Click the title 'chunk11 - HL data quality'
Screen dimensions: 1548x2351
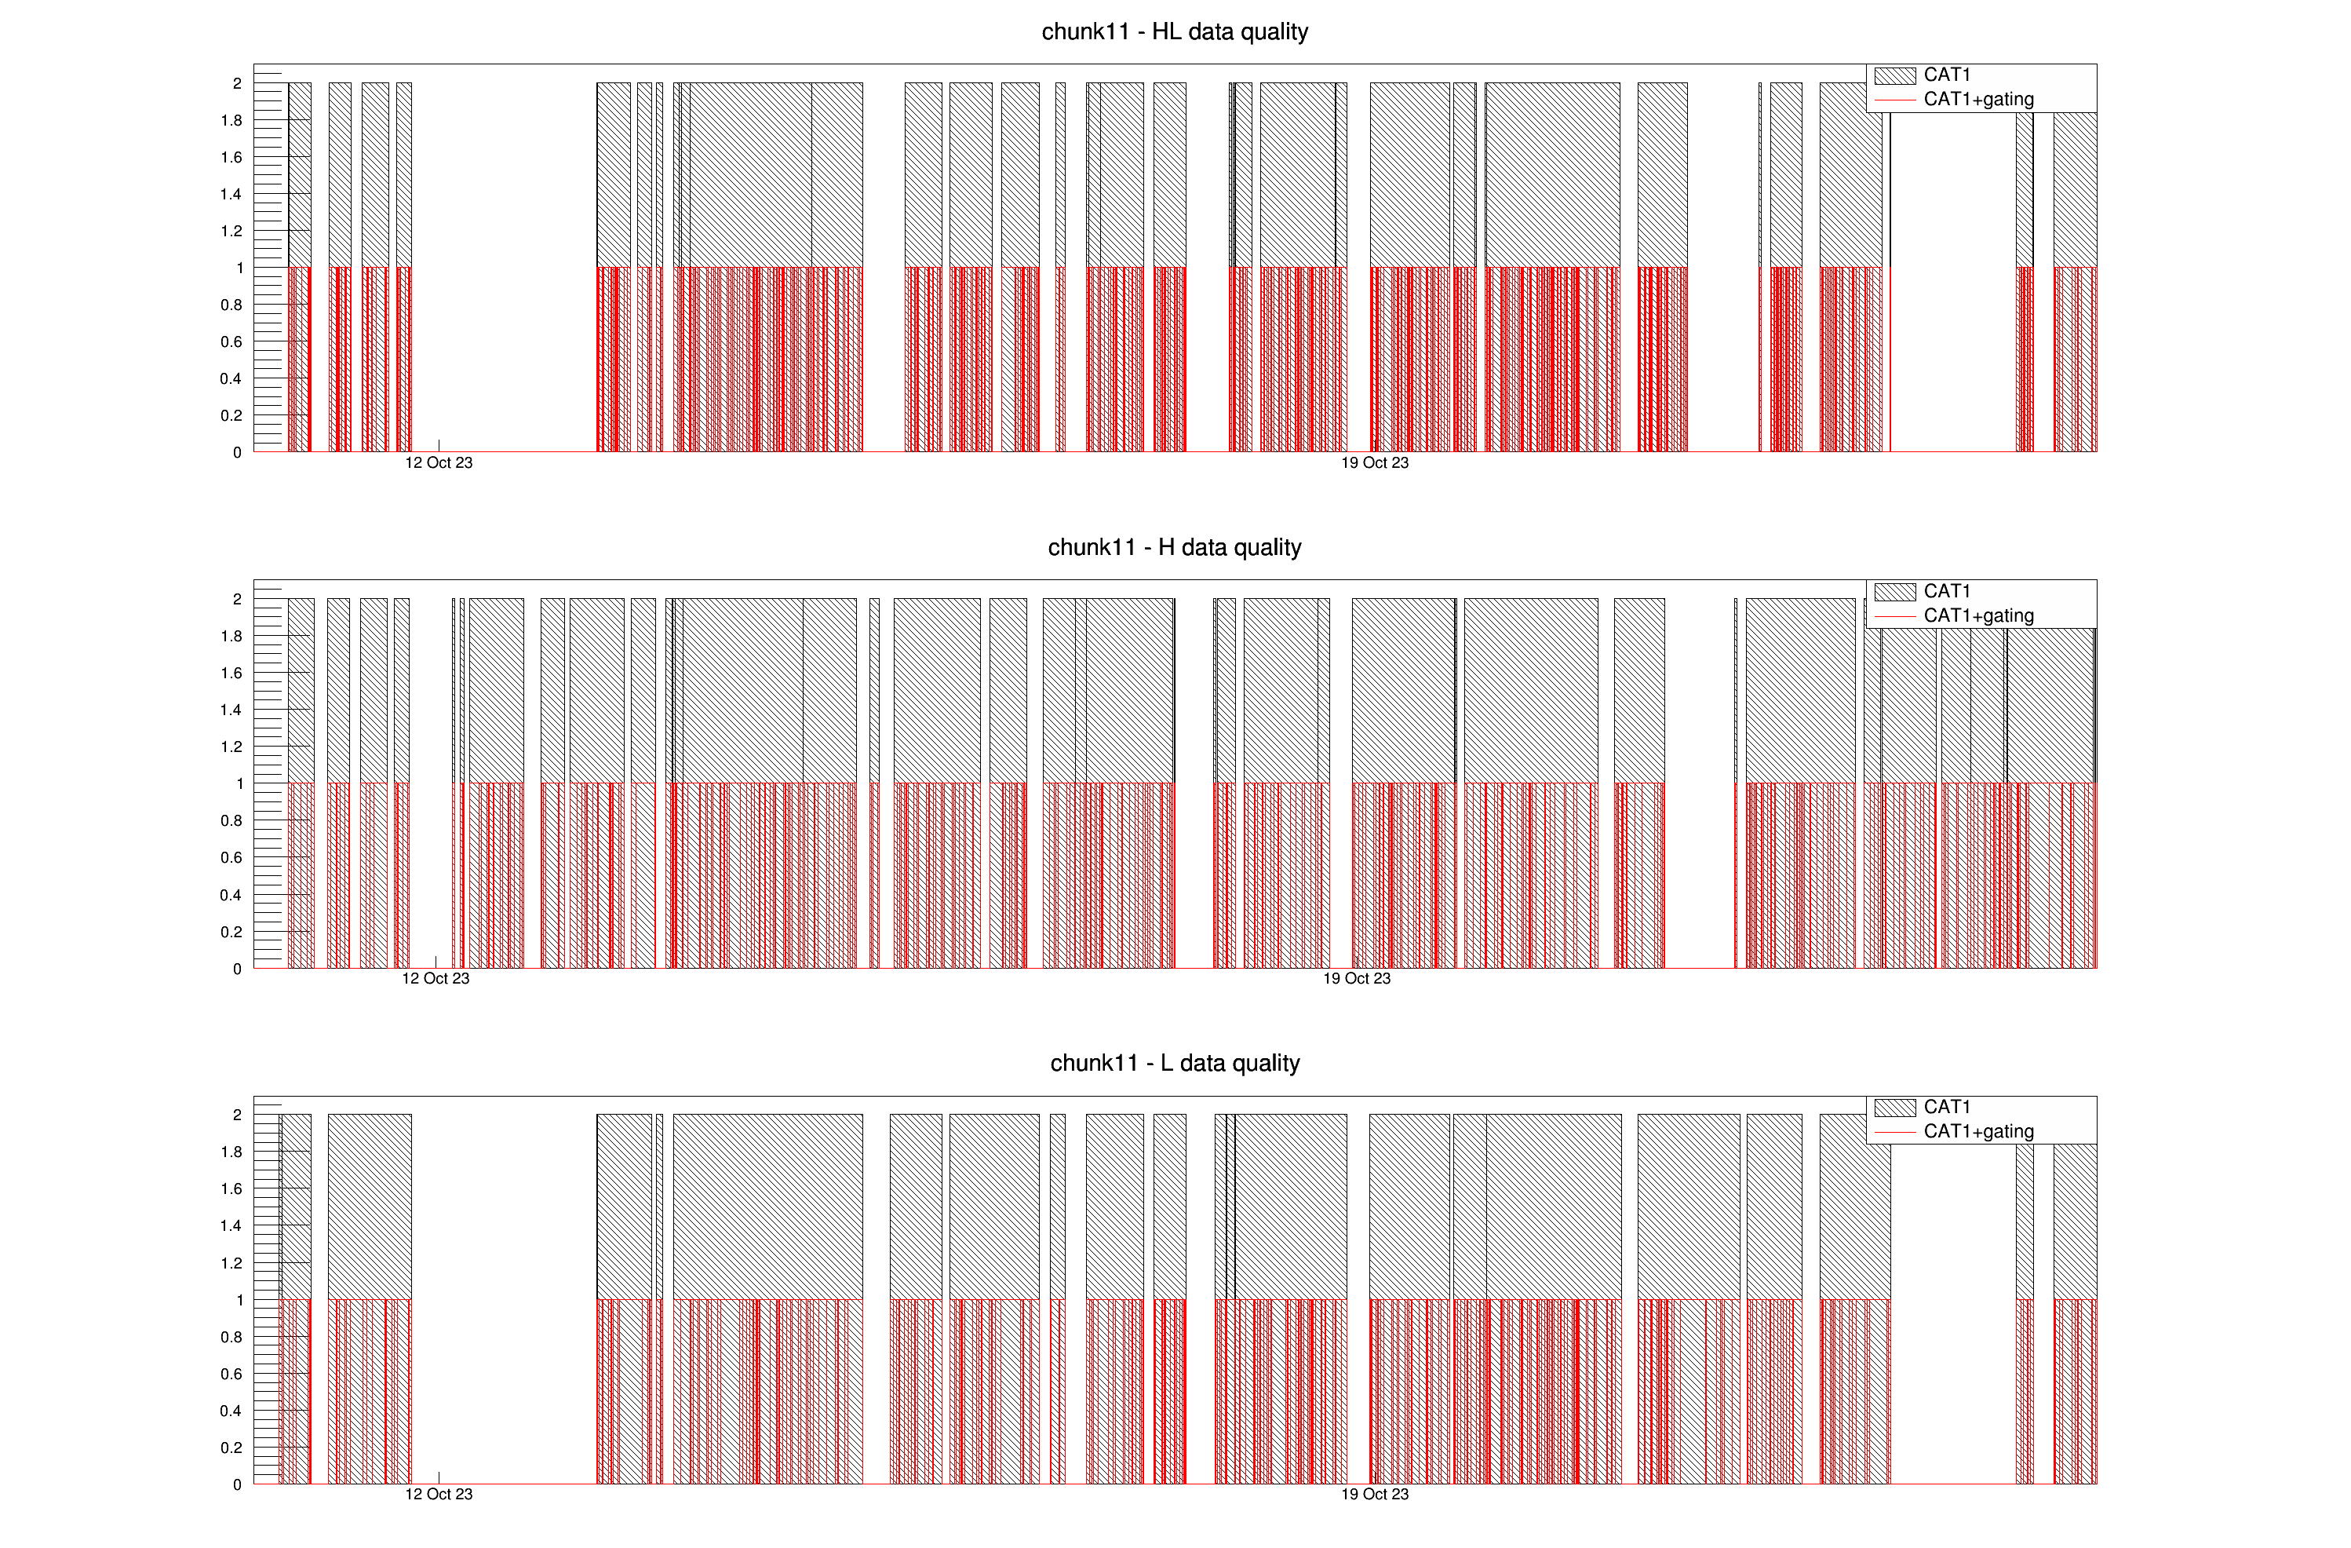tap(1175, 31)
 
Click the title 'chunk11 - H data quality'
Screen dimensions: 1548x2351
tap(1175, 547)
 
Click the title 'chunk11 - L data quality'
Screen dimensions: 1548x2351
tap(1175, 1063)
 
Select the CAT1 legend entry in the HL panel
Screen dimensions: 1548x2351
tap(1946, 75)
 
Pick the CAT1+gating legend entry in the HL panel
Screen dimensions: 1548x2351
tap(1977, 100)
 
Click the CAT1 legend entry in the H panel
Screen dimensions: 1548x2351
tap(1946, 592)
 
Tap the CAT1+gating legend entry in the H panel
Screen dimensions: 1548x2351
tap(1977, 616)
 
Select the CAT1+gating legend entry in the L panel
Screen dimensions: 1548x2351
tap(1977, 1132)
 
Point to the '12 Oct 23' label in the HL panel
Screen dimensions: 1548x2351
tap(439, 463)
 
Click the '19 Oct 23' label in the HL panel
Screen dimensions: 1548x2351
tap(1374, 463)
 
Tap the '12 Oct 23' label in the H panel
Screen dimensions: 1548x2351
tap(436, 979)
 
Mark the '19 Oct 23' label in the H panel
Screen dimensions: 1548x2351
tap(1356, 979)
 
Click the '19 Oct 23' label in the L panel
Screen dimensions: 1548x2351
tap(1374, 1495)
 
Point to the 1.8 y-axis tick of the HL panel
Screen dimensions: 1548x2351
tap(231, 121)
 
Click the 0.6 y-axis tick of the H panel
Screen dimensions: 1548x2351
tap(231, 857)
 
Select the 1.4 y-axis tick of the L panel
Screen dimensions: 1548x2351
tap(231, 1226)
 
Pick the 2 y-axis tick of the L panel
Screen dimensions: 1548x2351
tap(237, 1115)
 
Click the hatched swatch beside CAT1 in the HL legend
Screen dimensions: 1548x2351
tap(1894, 76)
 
